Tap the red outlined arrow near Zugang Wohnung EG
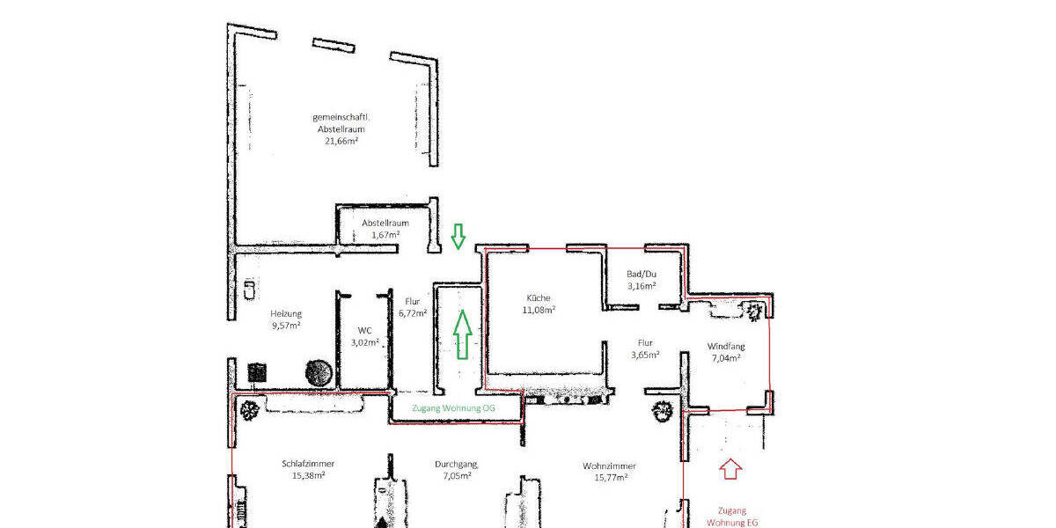coord(730,469)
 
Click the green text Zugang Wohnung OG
coord(453,408)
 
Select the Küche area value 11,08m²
coord(540,310)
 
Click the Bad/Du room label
coord(642,274)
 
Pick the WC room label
coord(364,331)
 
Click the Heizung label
coord(286,313)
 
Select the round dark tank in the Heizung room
coord(318,372)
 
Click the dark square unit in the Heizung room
coord(258,372)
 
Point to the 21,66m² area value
coord(338,141)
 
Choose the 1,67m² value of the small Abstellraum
coord(385,235)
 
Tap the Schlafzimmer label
coord(308,464)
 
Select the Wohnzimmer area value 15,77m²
coord(609,478)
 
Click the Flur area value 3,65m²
coord(645,356)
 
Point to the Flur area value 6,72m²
coord(413,312)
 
